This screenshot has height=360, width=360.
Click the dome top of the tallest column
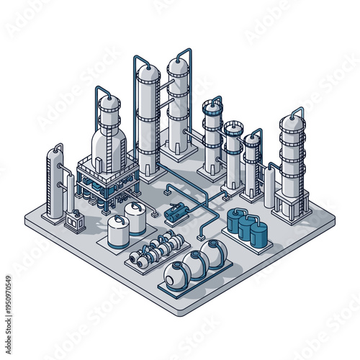pos(148,72)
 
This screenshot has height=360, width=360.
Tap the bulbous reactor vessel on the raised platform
pos(109,140)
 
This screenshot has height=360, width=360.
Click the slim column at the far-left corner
pos(55,184)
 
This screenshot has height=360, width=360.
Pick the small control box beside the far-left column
pos(73,220)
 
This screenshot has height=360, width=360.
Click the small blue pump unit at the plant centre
pos(176,213)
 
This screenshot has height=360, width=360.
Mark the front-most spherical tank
pos(176,275)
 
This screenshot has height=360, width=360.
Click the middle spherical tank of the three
pos(195,263)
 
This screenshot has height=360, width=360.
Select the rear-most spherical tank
pos(213,252)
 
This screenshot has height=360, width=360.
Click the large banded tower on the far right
pos(292,158)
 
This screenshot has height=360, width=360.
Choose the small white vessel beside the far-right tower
pos(269,189)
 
